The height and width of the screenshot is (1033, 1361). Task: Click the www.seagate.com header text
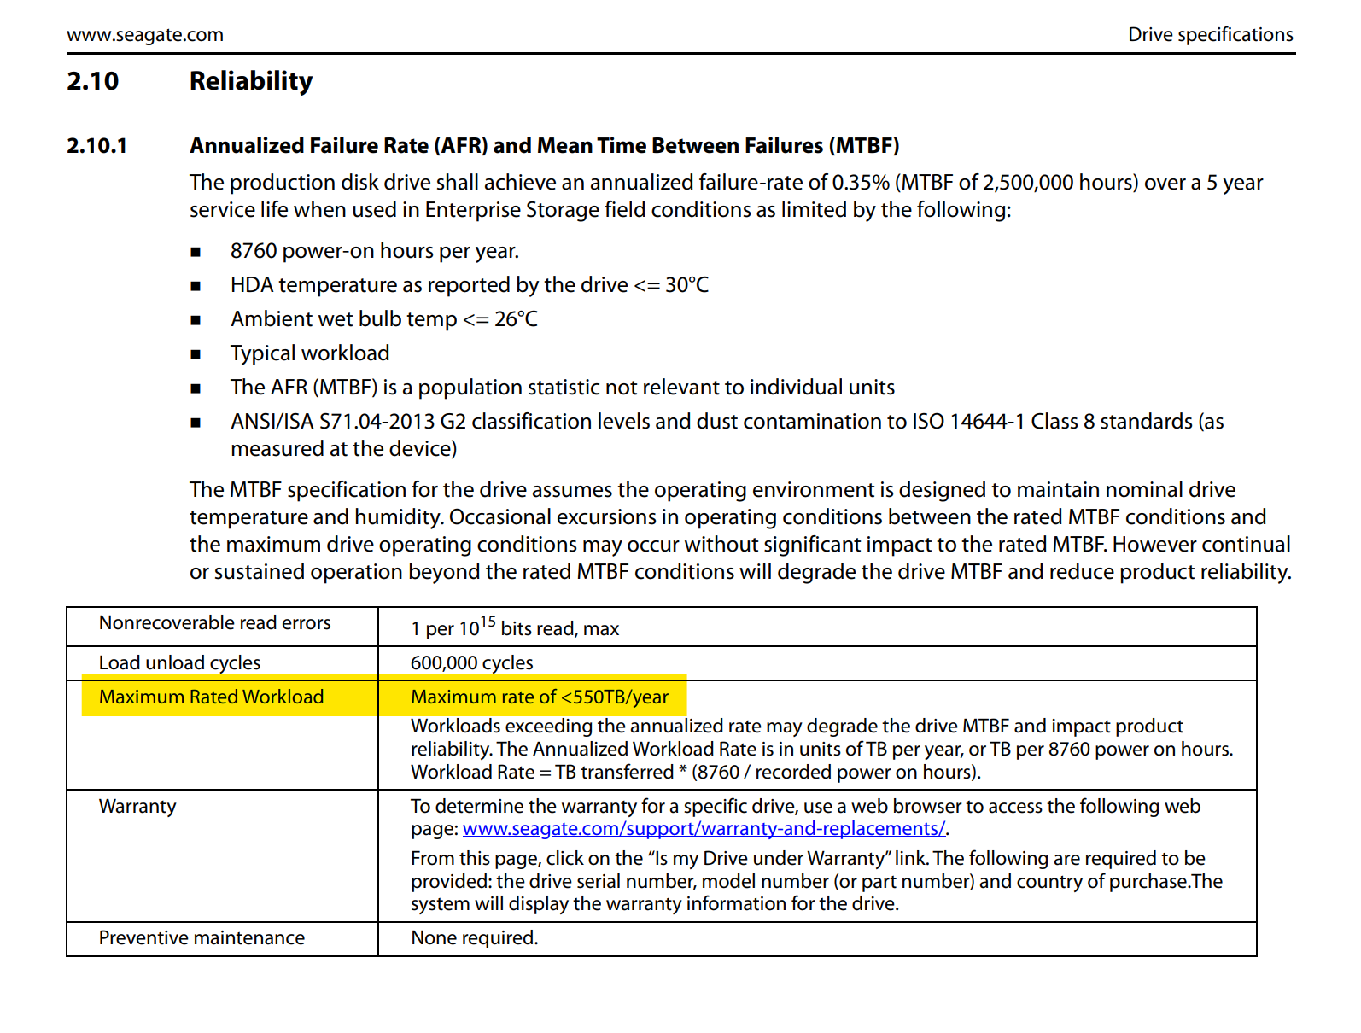pos(145,35)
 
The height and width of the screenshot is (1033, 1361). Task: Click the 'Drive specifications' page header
pos(1210,35)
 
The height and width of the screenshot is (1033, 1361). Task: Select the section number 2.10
pos(93,81)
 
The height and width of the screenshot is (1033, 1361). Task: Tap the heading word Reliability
pos(251,81)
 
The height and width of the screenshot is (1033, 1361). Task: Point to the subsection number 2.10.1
pos(96,146)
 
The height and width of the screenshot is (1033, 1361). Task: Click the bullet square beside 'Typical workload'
pos(196,354)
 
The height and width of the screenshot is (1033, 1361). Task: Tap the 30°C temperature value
pos(686,285)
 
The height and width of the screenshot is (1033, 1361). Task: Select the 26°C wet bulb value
pos(516,319)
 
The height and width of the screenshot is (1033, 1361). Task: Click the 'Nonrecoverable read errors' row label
pos(214,623)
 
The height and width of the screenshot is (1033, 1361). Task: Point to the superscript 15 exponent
pos(488,622)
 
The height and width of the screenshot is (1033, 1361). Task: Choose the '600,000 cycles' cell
pos(471,663)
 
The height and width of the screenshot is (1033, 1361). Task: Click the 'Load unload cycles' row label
pos(179,663)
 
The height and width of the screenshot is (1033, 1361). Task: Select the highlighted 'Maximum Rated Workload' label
pos(211,697)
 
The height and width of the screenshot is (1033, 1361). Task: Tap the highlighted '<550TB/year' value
pos(614,697)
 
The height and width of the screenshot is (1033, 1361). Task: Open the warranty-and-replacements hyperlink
pos(704,829)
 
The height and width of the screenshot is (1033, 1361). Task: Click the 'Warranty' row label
pos(137,807)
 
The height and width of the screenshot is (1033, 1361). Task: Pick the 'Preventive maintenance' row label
pos(202,938)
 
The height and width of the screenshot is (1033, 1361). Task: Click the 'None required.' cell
pos(474,938)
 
